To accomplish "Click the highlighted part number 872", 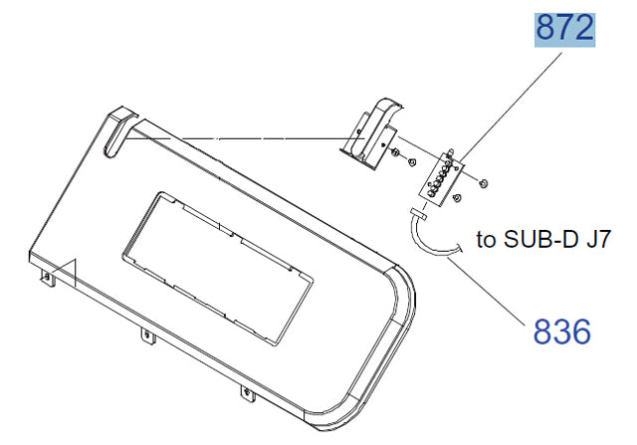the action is [x=564, y=29].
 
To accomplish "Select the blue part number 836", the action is [x=561, y=332].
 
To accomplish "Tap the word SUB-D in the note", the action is [x=540, y=239].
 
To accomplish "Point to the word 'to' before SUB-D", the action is [x=486, y=240].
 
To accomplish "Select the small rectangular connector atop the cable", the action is [x=418, y=214].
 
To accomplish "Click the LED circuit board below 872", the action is [x=441, y=178].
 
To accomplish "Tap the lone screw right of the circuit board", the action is [x=483, y=183].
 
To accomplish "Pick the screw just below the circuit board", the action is [x=457, y=198].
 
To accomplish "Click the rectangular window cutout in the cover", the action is [x=217, y=268].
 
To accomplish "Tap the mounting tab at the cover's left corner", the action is [x=48, y=279].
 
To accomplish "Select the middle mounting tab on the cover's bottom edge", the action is [x=148, y=336].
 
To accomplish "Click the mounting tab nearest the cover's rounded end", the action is [x=248, y=394].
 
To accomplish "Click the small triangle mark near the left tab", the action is [x=65, y=272].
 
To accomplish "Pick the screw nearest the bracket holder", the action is [x=394, y=153].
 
